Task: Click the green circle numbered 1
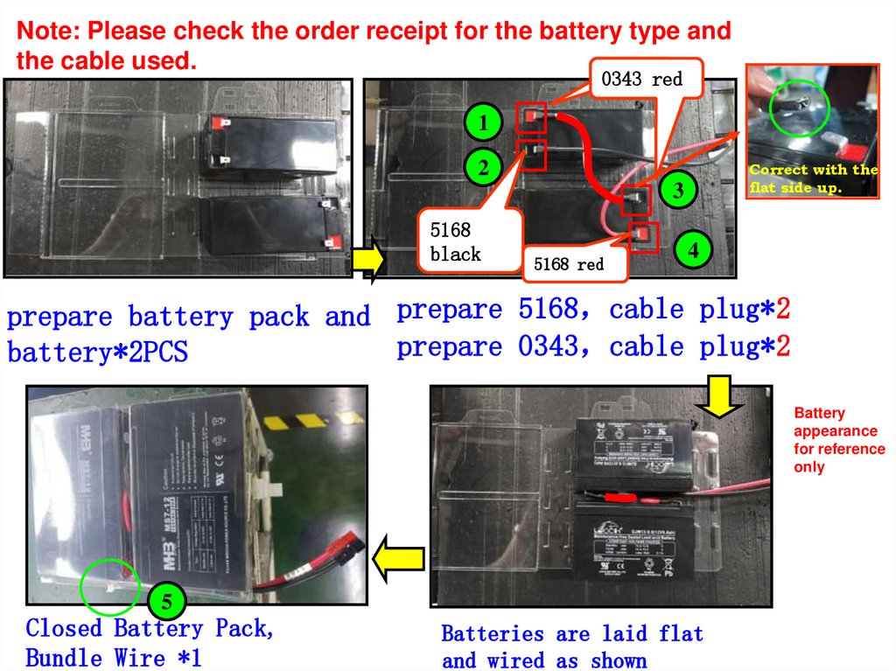click(482, 122)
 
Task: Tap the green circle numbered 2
click(482, 164)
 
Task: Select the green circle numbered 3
click(680, 189)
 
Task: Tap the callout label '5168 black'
click(456, 241)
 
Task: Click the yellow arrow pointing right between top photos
click(367, 260)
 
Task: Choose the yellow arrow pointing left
click(398, 557)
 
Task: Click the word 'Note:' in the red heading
click(47, 32)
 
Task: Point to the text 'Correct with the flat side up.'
click(813, 178)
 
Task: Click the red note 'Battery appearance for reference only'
click(837, 440)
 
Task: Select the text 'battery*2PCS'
click(97, 353)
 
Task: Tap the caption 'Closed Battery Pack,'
click(150, 628)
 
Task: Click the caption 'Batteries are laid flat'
click(571, 633)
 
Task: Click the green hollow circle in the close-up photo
click(799, 108)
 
